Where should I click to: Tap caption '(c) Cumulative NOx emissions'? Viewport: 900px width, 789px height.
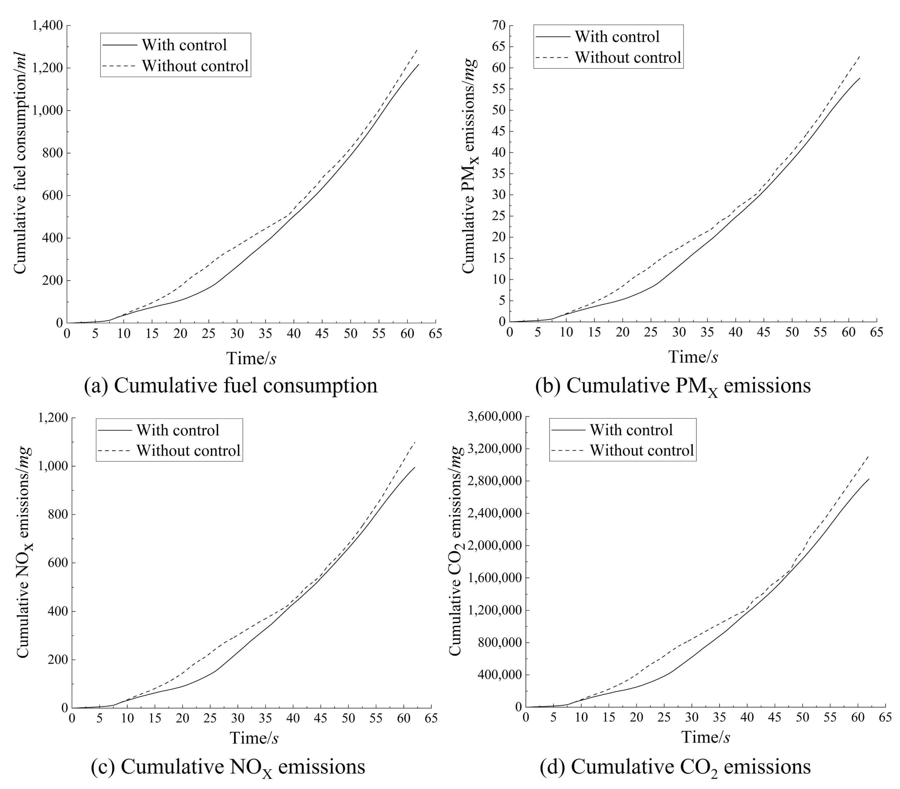pos(228,767)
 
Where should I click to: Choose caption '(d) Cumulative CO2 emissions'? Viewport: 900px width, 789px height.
pos(675,767)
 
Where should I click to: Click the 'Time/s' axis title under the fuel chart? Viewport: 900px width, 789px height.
pos(251,358)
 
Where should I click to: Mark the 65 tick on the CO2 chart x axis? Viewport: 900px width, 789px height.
pos(885,718)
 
